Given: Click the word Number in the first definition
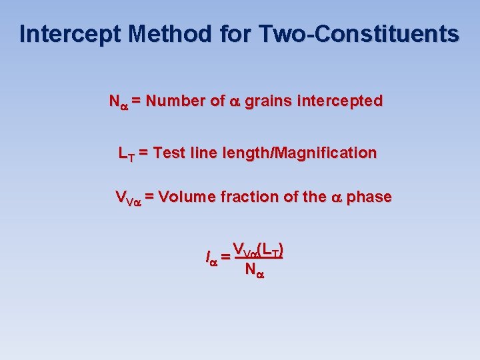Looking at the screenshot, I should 175,101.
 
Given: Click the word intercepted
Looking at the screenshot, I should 339,101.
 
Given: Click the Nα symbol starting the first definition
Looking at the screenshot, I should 118,102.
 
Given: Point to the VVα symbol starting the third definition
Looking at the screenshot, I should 127,198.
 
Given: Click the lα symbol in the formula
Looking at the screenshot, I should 212,257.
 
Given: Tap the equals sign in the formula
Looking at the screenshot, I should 227,257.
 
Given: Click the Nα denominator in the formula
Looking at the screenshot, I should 254,270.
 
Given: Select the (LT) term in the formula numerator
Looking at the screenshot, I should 271,251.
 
